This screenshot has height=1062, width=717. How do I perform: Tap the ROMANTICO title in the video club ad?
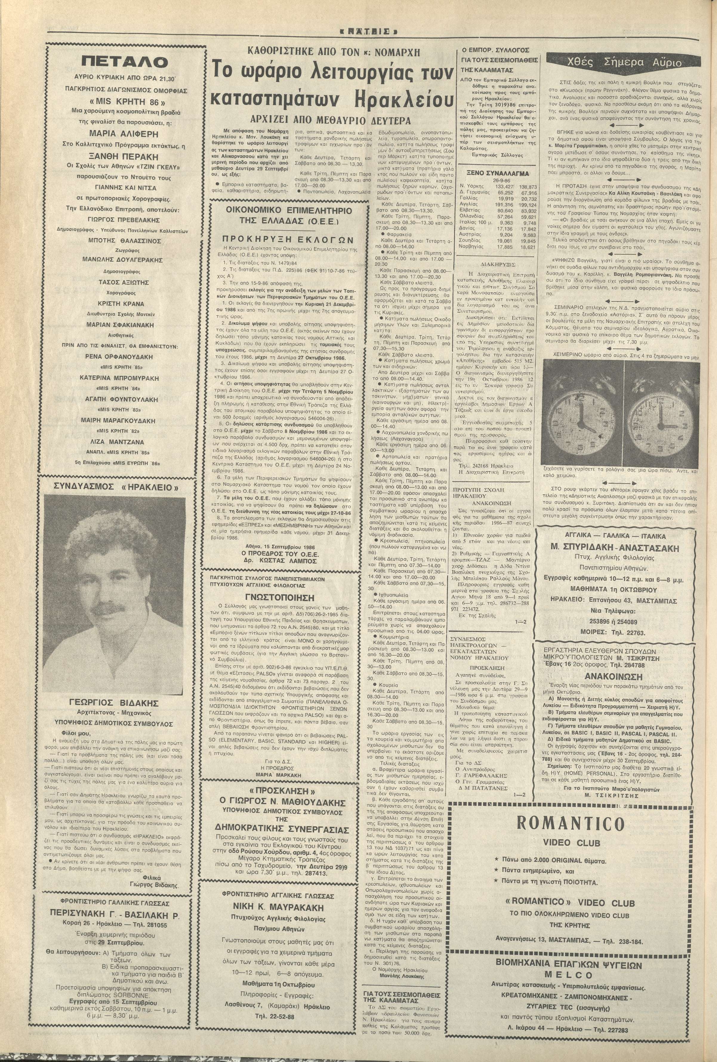coord(570,823)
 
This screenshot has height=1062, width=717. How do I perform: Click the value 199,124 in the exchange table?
coord(528,205)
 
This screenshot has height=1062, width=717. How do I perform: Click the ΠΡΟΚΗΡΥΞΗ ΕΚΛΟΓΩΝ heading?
coord(288,239)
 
